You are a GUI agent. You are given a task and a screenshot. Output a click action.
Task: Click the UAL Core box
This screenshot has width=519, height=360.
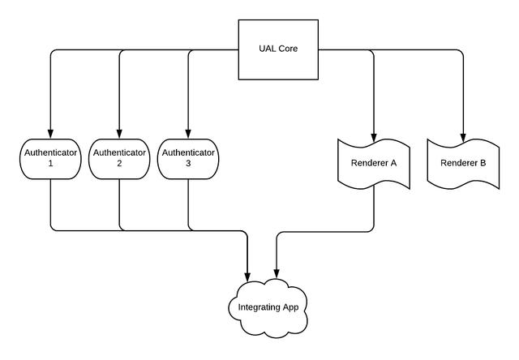coord(278,49)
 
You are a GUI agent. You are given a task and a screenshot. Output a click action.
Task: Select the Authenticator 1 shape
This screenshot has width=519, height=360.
coord(50,157)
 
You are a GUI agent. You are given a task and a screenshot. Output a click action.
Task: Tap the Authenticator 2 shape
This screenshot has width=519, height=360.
coord(119,157)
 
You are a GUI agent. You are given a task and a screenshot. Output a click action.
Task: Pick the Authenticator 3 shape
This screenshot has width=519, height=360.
coord(188,157)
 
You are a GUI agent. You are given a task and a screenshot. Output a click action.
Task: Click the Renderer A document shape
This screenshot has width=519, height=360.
coord(373,163)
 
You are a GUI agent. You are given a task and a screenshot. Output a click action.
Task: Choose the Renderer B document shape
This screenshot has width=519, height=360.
coord(463,163)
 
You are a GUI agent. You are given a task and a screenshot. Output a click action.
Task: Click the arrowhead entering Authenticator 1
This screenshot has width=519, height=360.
coord(50,133)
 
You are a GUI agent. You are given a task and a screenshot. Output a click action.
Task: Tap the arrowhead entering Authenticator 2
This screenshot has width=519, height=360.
coord(119,133)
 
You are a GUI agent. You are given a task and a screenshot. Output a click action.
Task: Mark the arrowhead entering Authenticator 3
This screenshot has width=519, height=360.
coord(188,133)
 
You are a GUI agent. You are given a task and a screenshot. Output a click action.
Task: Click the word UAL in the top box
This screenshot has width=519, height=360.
coord(266,49)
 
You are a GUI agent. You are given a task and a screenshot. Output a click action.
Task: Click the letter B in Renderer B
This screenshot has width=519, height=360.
coord(483,163)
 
